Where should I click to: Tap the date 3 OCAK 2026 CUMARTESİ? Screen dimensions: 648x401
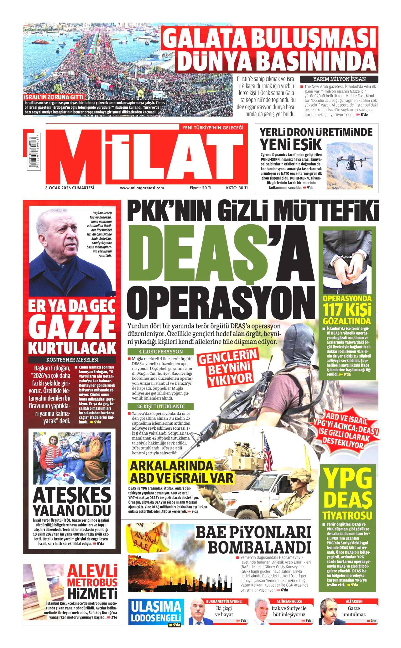[70, 188]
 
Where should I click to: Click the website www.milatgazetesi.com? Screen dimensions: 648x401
[142, 188]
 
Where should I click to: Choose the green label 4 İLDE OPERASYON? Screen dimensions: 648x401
[161, 352]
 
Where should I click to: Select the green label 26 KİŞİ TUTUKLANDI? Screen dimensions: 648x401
[161, 407]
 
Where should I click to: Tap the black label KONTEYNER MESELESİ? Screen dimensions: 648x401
[72, 359]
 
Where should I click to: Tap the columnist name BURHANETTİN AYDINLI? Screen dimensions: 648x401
[224, 601]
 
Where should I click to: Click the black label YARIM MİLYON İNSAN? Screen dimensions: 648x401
[339, 79]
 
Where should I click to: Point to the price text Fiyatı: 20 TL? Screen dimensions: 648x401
[201, 188]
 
